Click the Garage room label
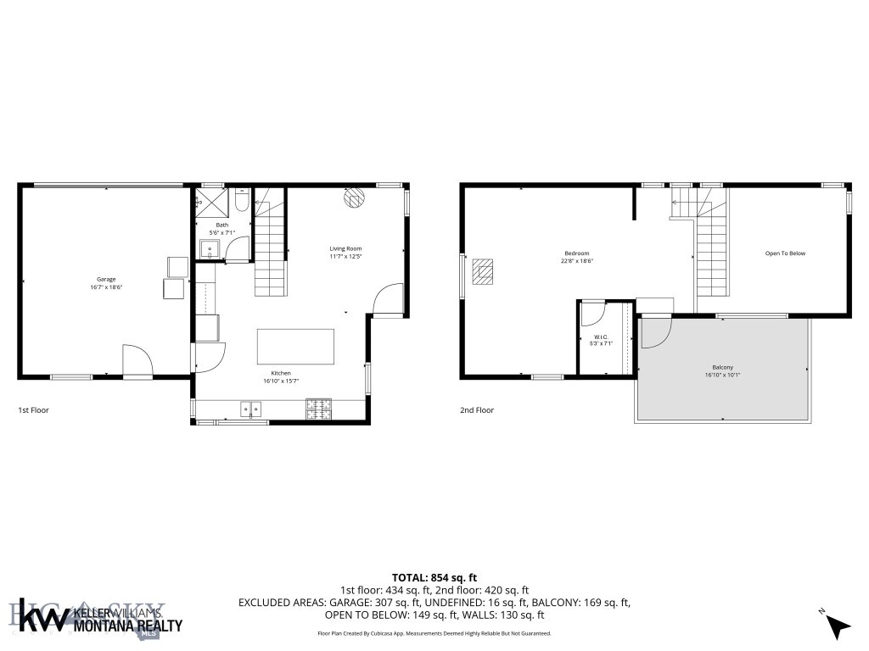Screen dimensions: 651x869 [105, 279]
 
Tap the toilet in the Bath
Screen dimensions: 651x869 [241, 203]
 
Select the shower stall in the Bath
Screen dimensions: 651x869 [206, 203]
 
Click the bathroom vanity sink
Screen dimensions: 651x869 [209, 248]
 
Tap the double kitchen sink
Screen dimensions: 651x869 [252, 410]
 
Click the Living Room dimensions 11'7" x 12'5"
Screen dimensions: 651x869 [346, 257]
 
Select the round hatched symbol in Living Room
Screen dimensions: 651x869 [353, 198]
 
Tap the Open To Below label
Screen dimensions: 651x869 [785, 253]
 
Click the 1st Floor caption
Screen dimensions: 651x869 [34, 410]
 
